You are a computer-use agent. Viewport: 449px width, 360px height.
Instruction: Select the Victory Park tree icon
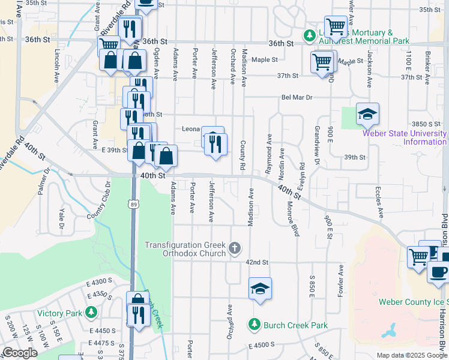[x=91, y=313]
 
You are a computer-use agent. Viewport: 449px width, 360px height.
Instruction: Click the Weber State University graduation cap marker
[x=367, y=113]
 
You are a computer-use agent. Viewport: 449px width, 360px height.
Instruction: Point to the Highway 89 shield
[x=133, y=205]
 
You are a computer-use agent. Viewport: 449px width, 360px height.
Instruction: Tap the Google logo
[x=20, y=353]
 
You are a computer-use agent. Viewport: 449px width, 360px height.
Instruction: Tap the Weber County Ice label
[x=413, y=302]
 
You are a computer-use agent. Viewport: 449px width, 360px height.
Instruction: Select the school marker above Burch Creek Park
[x=260, y=289]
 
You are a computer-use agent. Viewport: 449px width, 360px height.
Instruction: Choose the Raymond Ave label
[x=269, y=151]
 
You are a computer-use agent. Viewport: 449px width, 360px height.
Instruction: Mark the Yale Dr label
[x=61, y=220]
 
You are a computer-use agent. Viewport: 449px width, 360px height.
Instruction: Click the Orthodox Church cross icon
[x=235, y=248]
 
